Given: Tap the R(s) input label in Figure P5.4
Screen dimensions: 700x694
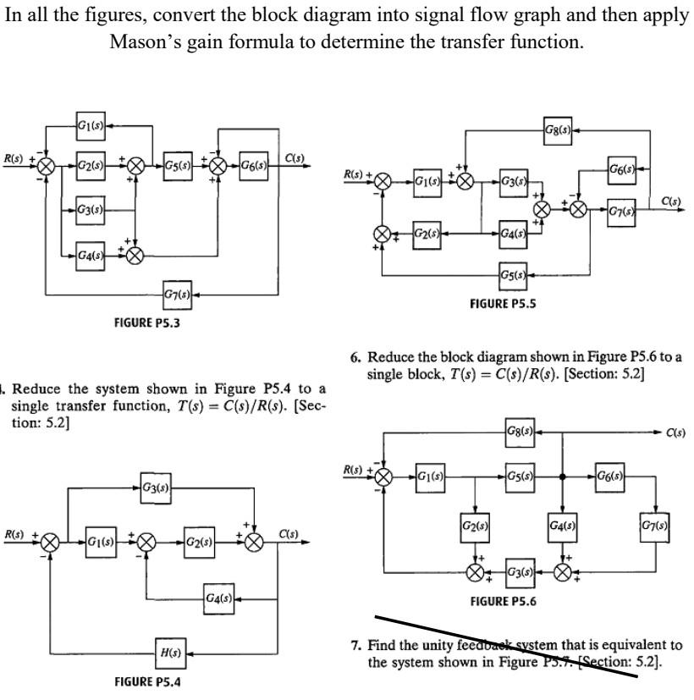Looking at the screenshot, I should coord(13,534).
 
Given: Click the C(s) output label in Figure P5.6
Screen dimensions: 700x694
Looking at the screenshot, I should coord(675,433).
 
